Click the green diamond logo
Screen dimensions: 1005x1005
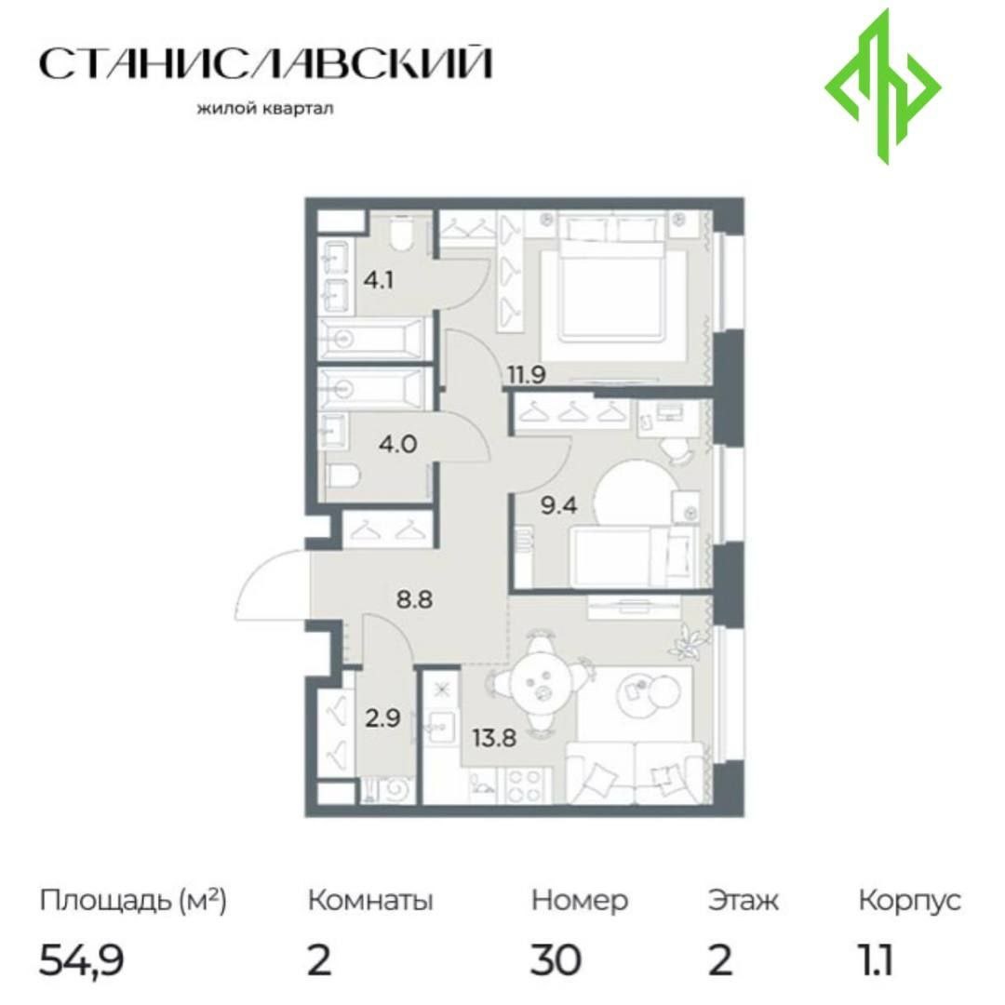(x=882, y=86)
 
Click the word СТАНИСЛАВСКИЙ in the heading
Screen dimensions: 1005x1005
(x=266, y=63)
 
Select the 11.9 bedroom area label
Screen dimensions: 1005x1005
(x=526, y=374)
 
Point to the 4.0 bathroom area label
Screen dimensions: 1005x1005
(x=398, y=443)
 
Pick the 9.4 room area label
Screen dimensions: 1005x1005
(x=559, y=505)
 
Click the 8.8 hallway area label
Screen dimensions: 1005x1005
(x=414, y=599)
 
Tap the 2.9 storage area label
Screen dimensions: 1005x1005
(x=382, y=717)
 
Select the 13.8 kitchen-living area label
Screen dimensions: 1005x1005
(x=495, y=738)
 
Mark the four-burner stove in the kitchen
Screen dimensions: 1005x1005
(x=525, y=784)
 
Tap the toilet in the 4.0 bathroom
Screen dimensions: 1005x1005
(x=342, y=476)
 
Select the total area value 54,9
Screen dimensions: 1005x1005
(x=82, y=960)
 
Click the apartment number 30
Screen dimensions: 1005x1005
(x=556, y=959)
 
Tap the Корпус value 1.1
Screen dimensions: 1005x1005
(x=876, y=959)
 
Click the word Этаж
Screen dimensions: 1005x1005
(x=744, y=901)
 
